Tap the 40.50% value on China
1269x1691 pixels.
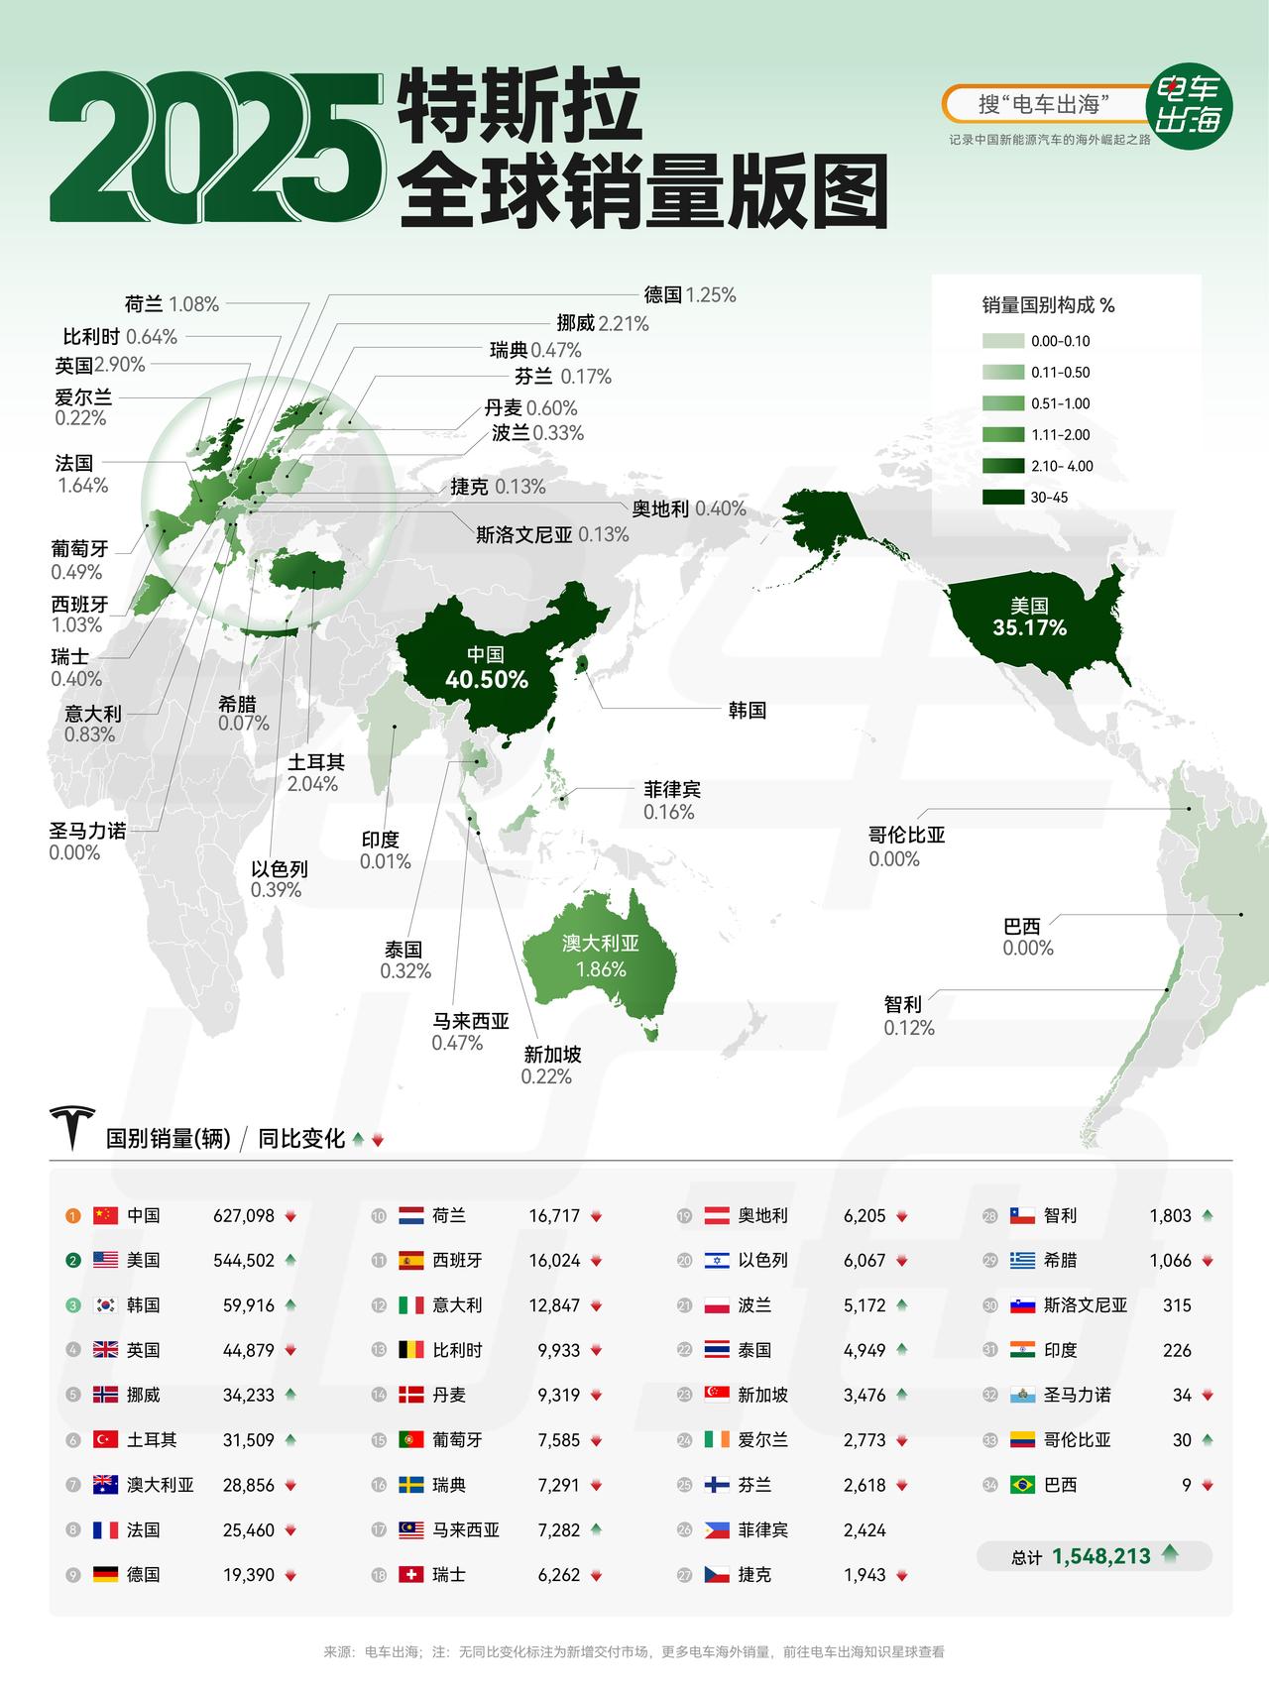(x=486, y=680)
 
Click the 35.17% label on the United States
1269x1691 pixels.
(x=1029, y=627)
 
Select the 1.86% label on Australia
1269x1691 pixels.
(x=601, y=969)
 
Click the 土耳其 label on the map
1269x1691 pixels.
(x=315, y=762)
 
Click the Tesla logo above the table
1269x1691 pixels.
(x=73, y=1127)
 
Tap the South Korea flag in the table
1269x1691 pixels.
(x=105, y=1305)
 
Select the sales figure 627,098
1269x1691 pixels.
(x=244, y=1216)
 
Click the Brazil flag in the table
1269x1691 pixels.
(x=1022, y=1485)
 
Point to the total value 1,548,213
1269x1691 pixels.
(x=1101, y=1556)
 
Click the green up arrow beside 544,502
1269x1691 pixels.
(x=289, y=1261)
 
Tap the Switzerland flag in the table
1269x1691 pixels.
(x=410, y=1575)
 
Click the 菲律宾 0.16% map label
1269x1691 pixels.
(x=671, y=801)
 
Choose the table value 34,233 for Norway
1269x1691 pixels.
(x=248, y=1396)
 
